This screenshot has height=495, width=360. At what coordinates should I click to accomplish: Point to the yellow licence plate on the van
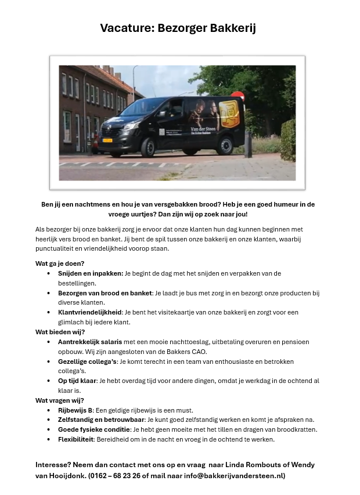tap(107, 140)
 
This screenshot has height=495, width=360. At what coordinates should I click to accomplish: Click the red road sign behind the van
tap(237, 95)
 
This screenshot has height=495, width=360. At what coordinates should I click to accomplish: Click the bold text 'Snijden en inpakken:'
tap(91, 273)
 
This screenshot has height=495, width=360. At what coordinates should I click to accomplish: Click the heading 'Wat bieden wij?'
tap(60, 332)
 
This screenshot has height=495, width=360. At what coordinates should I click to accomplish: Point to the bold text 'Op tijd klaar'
tap(80, 381)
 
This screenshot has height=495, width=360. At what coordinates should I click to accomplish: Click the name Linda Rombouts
tap(244, 465)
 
